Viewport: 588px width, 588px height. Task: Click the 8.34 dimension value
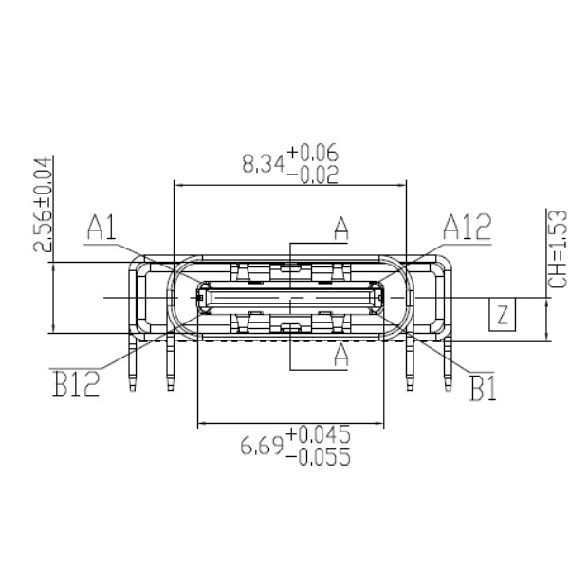[262, 164]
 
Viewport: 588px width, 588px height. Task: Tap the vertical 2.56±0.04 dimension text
[43, 206]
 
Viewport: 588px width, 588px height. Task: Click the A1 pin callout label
[101, 227]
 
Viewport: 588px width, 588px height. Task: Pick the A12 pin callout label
[467, 227]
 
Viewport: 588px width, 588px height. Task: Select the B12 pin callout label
[76, 387]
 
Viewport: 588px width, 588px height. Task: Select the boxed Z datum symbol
[503, 313]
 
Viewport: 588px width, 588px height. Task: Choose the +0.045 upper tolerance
[318, 434]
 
